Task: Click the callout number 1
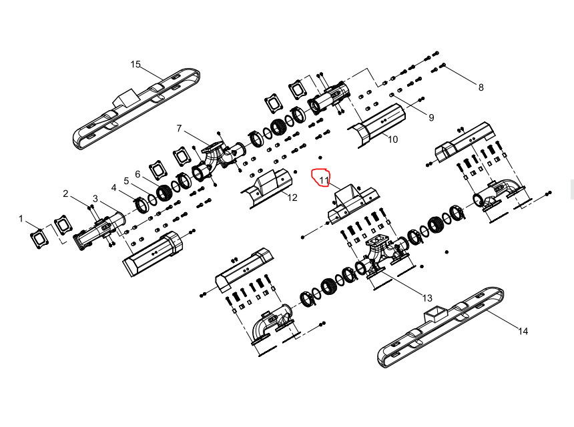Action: (x=21, y=218)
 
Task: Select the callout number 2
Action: (x=65, y=193)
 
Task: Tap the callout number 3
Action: (x=95, y=199)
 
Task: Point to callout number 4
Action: (x=114, y=187)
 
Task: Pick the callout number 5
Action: (x=126, y=181)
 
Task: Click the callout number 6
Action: (x=137, y=174)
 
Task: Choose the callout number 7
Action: (x=179, y=128)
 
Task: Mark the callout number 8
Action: (x=481, y=87)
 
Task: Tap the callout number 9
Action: (x=431, y=117)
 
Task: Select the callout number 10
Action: (x=392, y=139)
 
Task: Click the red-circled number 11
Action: (x=324, y=180)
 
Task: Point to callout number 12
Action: (x=292, y=197)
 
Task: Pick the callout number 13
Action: (x=427, y=298)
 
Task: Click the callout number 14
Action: (x=523, y=331)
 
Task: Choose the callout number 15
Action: (x=135, y=65)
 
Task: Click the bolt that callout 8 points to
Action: (x=443, y=65)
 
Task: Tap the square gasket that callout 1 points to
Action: (x=39, y=238)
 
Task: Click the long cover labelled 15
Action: (x=136, y=109)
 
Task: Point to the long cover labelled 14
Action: (x=441, y=328)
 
